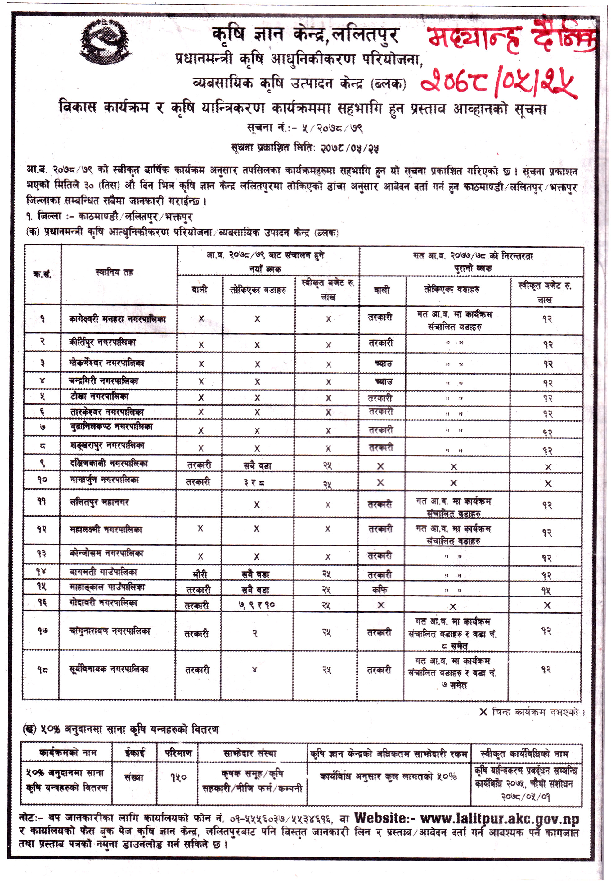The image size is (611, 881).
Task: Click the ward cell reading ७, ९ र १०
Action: [257, 605]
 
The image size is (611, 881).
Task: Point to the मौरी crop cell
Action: [200, 574]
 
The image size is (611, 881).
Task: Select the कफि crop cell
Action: [380, 590]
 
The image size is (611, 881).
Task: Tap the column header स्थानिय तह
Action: [114, 272]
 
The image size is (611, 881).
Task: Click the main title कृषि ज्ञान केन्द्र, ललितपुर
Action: [305, 35]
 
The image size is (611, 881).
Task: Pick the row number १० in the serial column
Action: [42, 479]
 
